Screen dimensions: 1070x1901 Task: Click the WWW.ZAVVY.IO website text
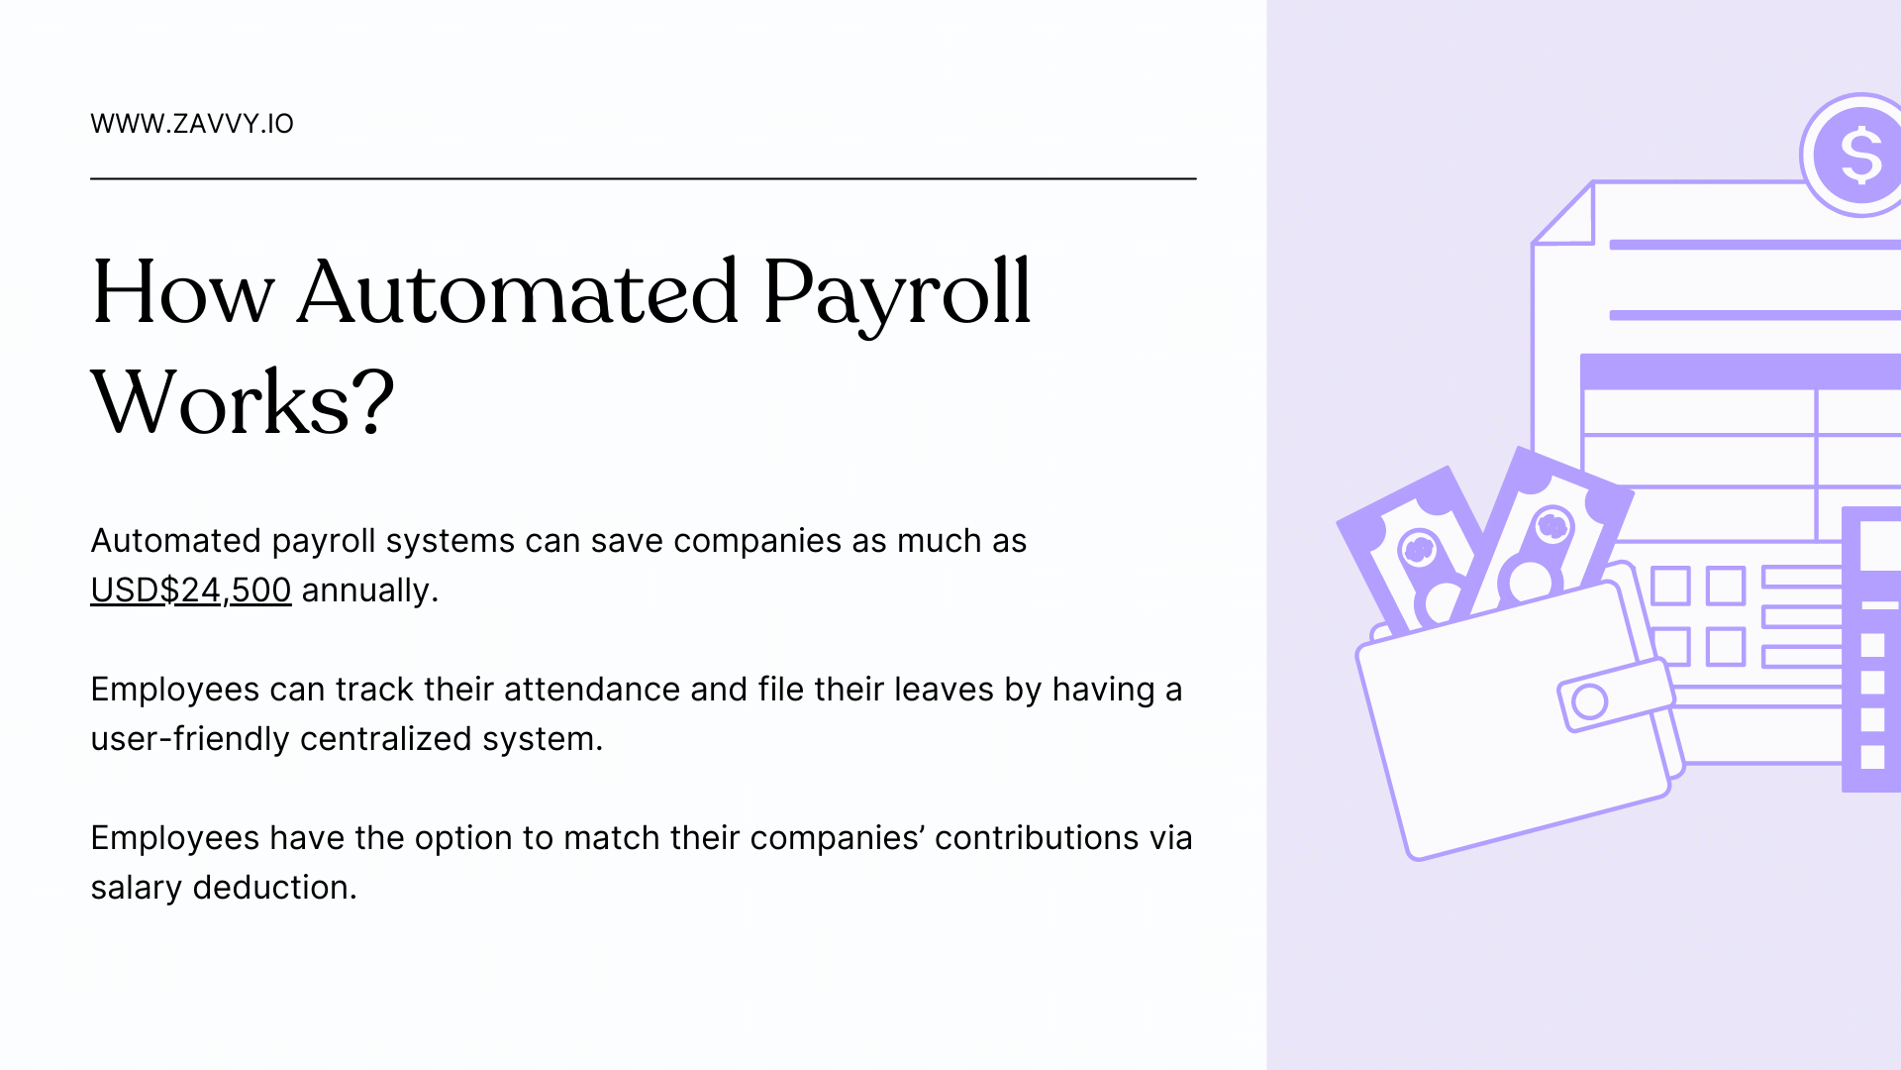tap(192, 124)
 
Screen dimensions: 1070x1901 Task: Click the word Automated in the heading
tap(517, 292)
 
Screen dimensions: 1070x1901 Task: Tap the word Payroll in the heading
tap(897, 292)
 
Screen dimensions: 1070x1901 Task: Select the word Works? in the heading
tap(243, 402)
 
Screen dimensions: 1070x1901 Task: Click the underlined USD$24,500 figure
tap(191, 590)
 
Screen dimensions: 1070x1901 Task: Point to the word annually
tap(369, 590)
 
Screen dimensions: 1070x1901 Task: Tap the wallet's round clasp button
tap(1589, 701)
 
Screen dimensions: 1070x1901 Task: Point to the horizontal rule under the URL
tap(644, 178)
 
